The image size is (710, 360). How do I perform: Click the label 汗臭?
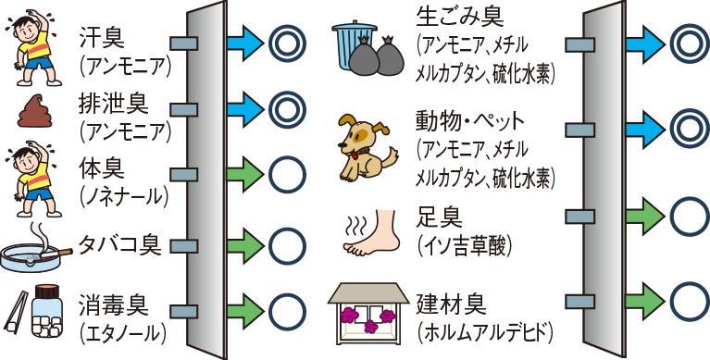pos(103,36)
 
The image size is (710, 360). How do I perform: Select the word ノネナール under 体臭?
pos(123,195)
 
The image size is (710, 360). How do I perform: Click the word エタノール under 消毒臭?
pos(123,331)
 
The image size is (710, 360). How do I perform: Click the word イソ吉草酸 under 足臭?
pos(466,245)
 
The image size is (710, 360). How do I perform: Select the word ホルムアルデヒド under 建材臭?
pos(485,331)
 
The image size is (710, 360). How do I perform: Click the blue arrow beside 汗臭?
pos(244,42)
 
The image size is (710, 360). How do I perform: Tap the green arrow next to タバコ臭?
pos(244,245)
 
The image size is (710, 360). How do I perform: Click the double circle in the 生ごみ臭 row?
pos(688,42)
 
